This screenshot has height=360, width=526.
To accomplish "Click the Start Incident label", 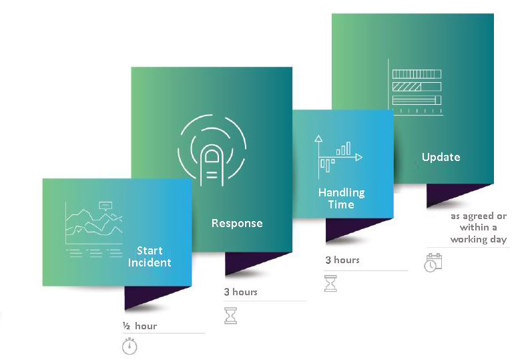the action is (x=150, y=256).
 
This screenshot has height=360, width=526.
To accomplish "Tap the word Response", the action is (x=237, y=224).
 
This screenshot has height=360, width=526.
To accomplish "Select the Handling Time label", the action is (x=342, y=198).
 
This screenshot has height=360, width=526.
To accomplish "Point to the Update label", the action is (x=441, y=157).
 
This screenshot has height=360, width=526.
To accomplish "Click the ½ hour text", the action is (x=140, y=326).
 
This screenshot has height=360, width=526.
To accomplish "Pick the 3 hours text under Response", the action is (x=240, y=292).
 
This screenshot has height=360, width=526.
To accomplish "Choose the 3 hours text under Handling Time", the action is (x=342, y=260).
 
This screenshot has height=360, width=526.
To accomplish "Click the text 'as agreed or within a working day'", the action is (x=479, y=228).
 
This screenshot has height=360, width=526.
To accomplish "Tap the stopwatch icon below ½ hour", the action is (x=129, y=346).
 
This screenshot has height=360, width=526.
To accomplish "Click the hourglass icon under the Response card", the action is (x=230, y=315).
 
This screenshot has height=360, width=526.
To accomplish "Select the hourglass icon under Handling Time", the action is (x=330, y=283).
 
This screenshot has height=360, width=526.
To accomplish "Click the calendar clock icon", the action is (x=433, y=262).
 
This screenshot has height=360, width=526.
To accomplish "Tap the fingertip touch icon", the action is (x=212, y=150).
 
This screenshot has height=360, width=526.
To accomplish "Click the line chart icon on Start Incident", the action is (x=94, y=230).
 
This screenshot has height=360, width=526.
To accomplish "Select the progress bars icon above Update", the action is (x=415, y=87).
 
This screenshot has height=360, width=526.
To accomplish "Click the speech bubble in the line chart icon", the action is (x=105, y=206).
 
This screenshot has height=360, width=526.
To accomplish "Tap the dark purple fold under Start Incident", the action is (x=153, y=297).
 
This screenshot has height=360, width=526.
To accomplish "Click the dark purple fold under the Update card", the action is (x=455, y=194).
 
